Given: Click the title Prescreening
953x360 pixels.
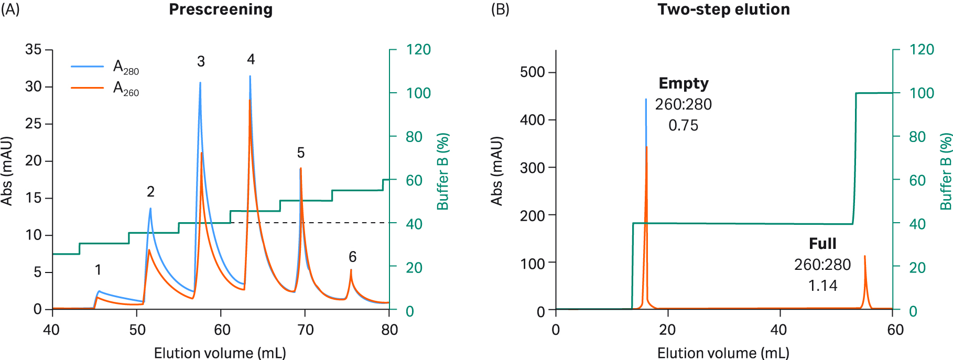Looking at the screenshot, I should point(220,9).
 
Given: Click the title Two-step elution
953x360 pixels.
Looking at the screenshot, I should point(723,9).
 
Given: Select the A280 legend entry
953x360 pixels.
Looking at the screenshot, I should point(126,67).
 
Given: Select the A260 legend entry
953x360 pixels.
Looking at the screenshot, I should point(126,88).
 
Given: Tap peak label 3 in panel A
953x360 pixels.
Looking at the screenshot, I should point(201,62).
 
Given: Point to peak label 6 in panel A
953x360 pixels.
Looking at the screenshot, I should point(352,257).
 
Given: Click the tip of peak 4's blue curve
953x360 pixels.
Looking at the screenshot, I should point(250,77).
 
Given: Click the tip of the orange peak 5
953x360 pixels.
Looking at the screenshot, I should point(301,169).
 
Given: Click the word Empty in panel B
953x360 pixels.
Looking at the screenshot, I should point(684,83).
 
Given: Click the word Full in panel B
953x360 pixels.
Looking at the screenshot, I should point(822,244).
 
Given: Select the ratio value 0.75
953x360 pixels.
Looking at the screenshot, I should point(684,126).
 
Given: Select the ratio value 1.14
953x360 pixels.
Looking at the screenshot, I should point(822,286).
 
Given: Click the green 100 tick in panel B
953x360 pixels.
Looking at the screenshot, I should point(922,93).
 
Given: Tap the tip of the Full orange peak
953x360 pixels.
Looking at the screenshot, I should point(864,256).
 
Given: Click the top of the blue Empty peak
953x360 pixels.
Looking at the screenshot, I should point(646,99).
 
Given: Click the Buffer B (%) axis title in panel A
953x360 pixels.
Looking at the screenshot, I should point(443,171).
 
